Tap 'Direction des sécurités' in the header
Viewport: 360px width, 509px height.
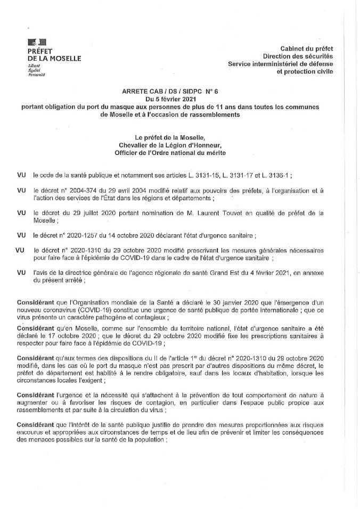pyautogui.click(x=298, y=56)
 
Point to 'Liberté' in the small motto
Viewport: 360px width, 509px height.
pyautogui.click(x=34, y=65)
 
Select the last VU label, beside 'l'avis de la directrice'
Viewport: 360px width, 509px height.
pyautogui.click(x=22, y=272)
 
